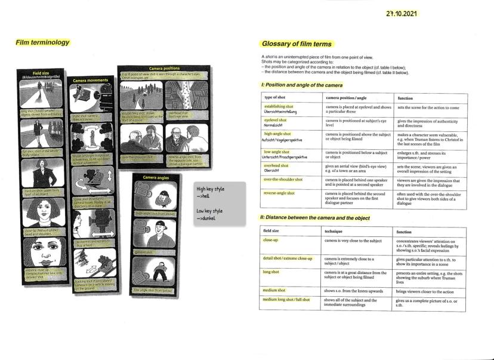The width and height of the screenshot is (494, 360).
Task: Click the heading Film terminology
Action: coord(43,42)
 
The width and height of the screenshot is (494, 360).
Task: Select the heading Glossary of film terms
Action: coord(297,44)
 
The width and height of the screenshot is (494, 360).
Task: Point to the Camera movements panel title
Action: coord(89,79)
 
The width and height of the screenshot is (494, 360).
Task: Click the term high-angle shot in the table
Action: coord(277,134)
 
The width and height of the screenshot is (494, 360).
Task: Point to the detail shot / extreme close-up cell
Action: coord(288,259)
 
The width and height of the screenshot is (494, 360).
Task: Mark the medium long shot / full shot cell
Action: coord(288,299)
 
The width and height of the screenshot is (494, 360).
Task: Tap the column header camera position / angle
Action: coord(348,97)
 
